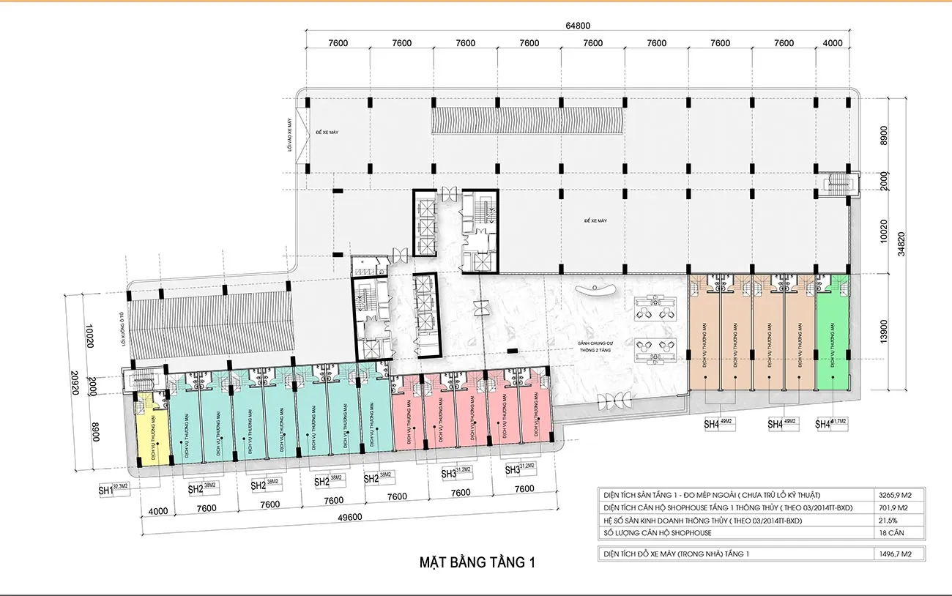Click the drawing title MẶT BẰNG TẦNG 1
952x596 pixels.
click(x=477, y=562)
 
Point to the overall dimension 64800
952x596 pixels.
click(x=577, y=26)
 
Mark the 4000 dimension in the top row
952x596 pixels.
click(x=833, y=43)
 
